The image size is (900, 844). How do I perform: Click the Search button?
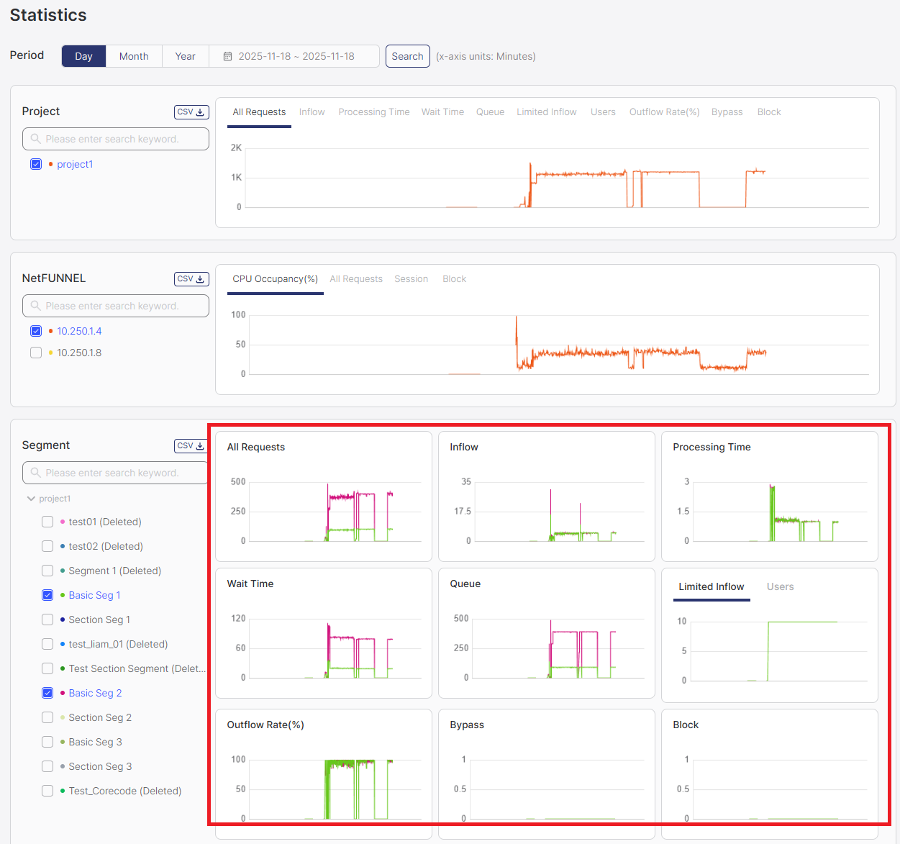tap(407, 56)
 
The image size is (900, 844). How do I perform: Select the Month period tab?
tap(134, 56)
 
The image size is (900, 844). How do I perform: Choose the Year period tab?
tap(185, 56)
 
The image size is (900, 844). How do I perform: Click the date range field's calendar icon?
tap(227, 56)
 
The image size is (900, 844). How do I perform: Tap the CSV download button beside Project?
tap(191, 112)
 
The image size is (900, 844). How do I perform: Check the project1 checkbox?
tap(36, 164)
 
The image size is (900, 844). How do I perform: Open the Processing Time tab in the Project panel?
tap(373, 112)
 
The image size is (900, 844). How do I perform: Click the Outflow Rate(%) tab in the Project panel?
tap(664, 112)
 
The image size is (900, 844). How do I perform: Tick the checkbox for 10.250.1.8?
tap(36, 353)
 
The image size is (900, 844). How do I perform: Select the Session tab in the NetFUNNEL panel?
tap(411, 279)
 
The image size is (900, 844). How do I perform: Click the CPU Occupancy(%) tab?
tap(275, 279)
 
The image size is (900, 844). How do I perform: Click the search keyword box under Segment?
tap(115, 473)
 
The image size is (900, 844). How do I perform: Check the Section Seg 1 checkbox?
tap(47, 620)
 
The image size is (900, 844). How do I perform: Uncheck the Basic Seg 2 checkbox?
tap(47, 693)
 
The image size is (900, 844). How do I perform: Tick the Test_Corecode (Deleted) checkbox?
tap(47, 791)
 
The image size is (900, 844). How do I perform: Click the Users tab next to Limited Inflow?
tap(780, 587)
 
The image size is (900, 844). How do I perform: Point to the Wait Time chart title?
tap(250, 584)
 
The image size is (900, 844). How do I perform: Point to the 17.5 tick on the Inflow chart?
tap(463, 512)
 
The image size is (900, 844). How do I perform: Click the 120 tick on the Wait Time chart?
tap(238, 618)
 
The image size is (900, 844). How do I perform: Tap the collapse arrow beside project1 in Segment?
tap(31, 499)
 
